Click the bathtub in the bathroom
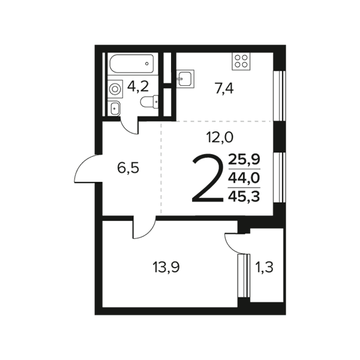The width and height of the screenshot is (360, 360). pyautogui.click(x=132, y=64)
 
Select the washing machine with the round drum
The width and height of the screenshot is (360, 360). pyautogui.click(x=115, y=89)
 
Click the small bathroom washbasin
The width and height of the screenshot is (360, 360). pyautogui.click(x=114, y=108)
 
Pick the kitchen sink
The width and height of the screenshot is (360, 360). pyautogui.click(x=185, y=79)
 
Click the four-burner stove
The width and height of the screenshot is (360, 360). pyautogui.click(x=241, y=61)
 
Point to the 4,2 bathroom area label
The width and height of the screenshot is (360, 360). pyautogui.click(x=138, y=86)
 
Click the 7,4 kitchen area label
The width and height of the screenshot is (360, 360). pyautogui.click(x=224, y=89)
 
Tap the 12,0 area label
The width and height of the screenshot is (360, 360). pyautogui.click(x=220, y=137)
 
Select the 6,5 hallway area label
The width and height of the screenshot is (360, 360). pyautogui.click(x=128, y=168)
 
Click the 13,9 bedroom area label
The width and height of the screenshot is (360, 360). pyautogui.click(x=166, y=267)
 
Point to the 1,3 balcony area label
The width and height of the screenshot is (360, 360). pyautogui.click(x=264, y=267)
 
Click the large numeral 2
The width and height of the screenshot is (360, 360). pyautogui.click(x=208, y=178)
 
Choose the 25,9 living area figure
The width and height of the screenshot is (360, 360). pyautogui.click(x=244, y=160)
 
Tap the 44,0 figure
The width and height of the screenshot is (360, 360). pyautogui.click(x=244, y=178)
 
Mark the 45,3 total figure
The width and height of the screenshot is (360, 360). pyautogui.click(x=244, y=197)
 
